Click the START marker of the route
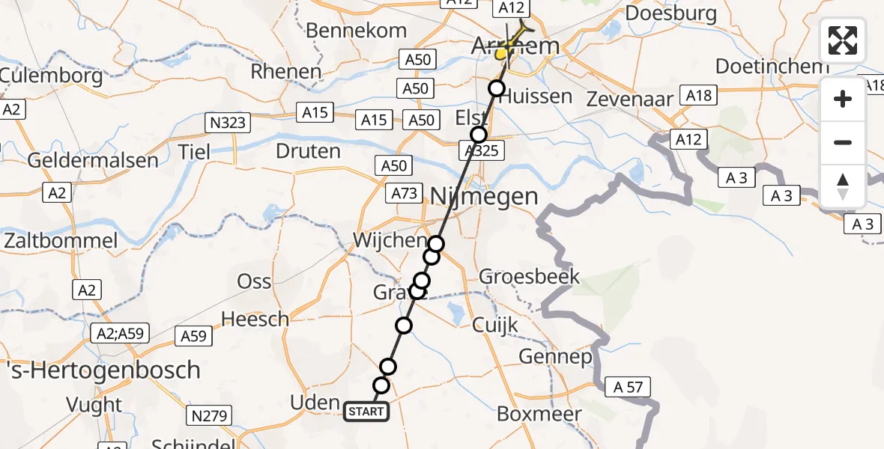[366, 411]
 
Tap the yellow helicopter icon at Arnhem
[509, 49]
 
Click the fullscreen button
[843, 40]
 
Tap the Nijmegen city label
[484, 197]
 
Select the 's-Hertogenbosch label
[100, 370]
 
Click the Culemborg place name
[51, 76]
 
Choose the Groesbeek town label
[530, 277]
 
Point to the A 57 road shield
[629, 387]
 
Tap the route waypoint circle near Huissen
[497, 89]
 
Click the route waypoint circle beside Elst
[479, 135]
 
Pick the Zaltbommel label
[61, 241]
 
